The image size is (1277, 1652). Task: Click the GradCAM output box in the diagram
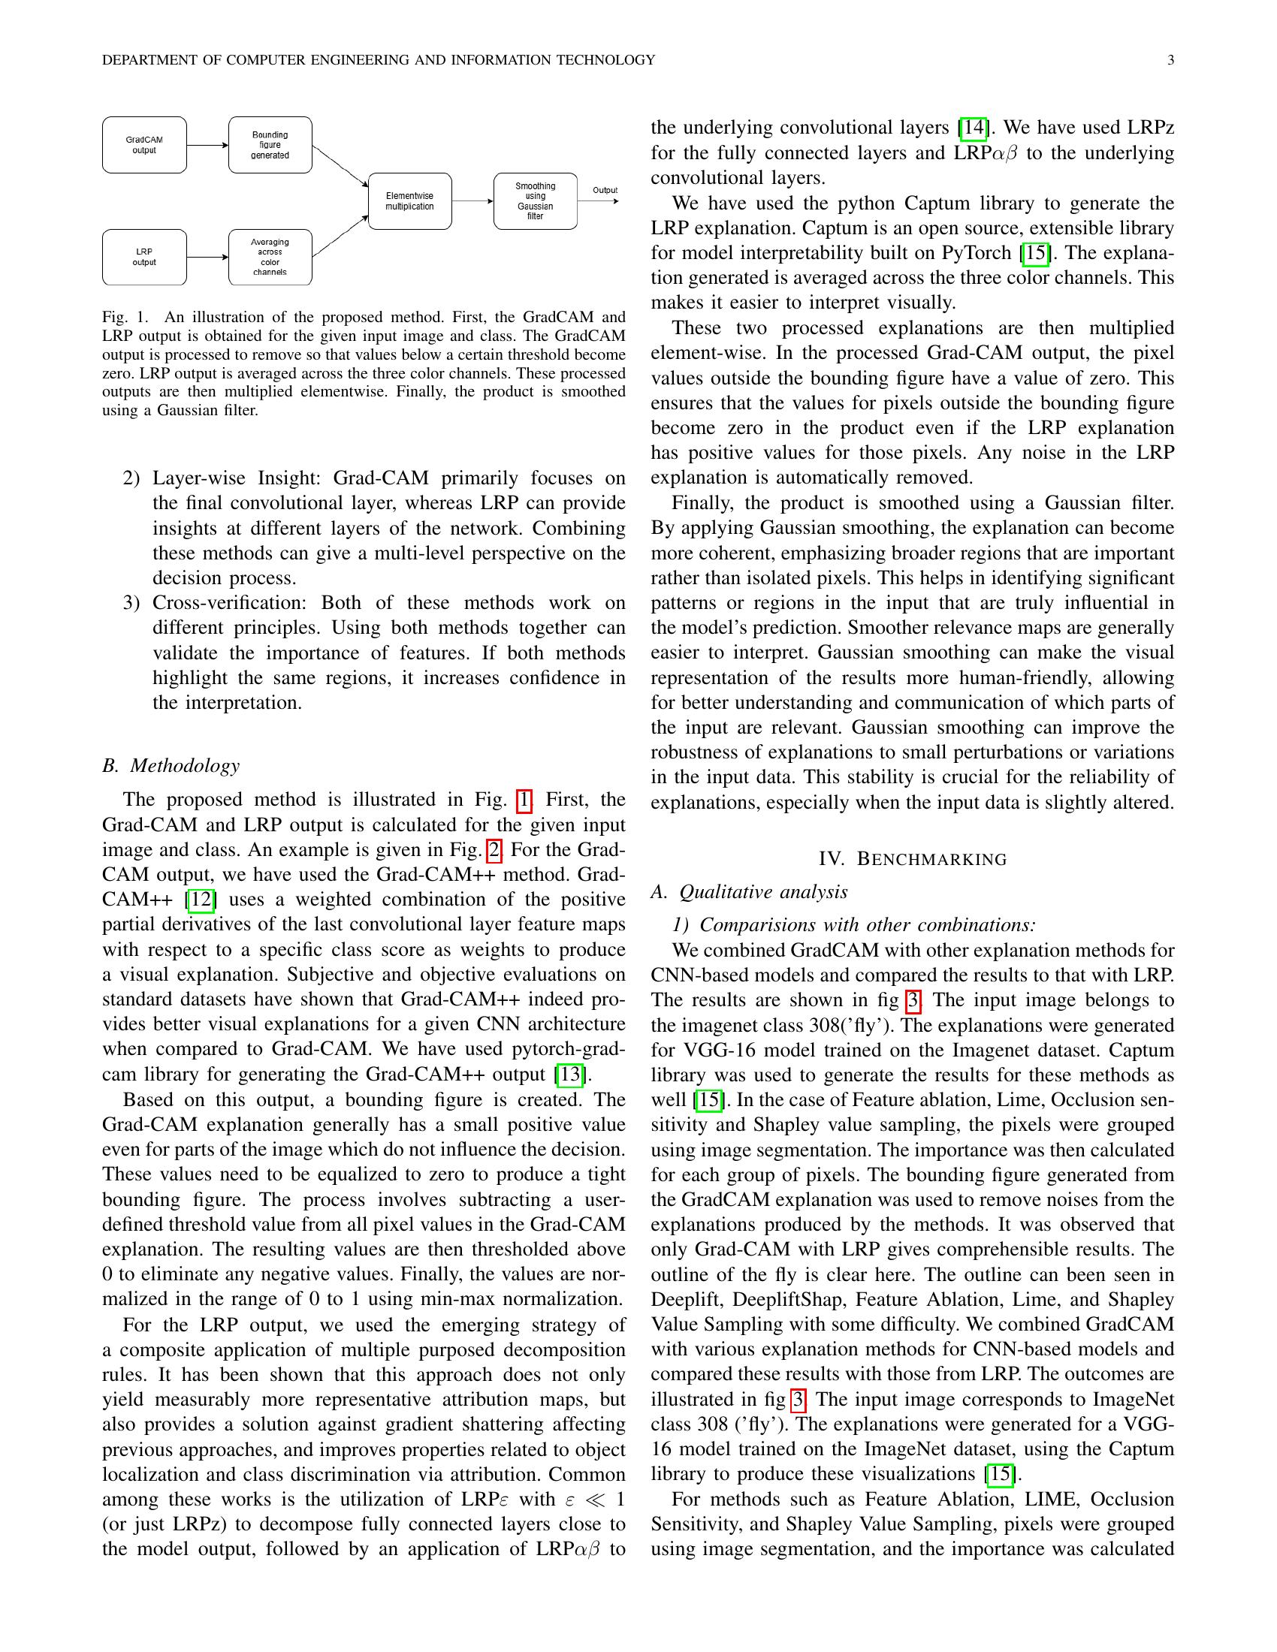[x=143, y=144]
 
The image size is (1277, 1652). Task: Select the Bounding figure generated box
[x=270, y=144]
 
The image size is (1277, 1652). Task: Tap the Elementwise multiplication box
[x=409, y=201]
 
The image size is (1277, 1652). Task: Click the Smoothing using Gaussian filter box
[x=535, y=201]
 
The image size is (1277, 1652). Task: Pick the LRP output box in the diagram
[x=143, y=257]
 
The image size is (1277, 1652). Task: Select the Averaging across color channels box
[x=270, y=257]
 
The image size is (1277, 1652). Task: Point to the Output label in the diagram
[x=605, y=190]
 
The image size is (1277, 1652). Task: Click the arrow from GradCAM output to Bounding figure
[x=207, y=144]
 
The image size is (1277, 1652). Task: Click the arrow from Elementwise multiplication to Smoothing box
[x=472, y=201]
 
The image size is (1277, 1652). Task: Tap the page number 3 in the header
[x=1170, y=61]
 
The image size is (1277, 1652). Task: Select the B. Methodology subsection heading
[x=171, y=765]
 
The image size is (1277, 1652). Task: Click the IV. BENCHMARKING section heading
[x=913, y=859]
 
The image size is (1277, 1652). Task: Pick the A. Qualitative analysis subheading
[x=749, y=892]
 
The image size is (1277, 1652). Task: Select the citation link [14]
[x=973, y=128]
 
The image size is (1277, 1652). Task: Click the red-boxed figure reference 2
[x=494, y=850]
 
